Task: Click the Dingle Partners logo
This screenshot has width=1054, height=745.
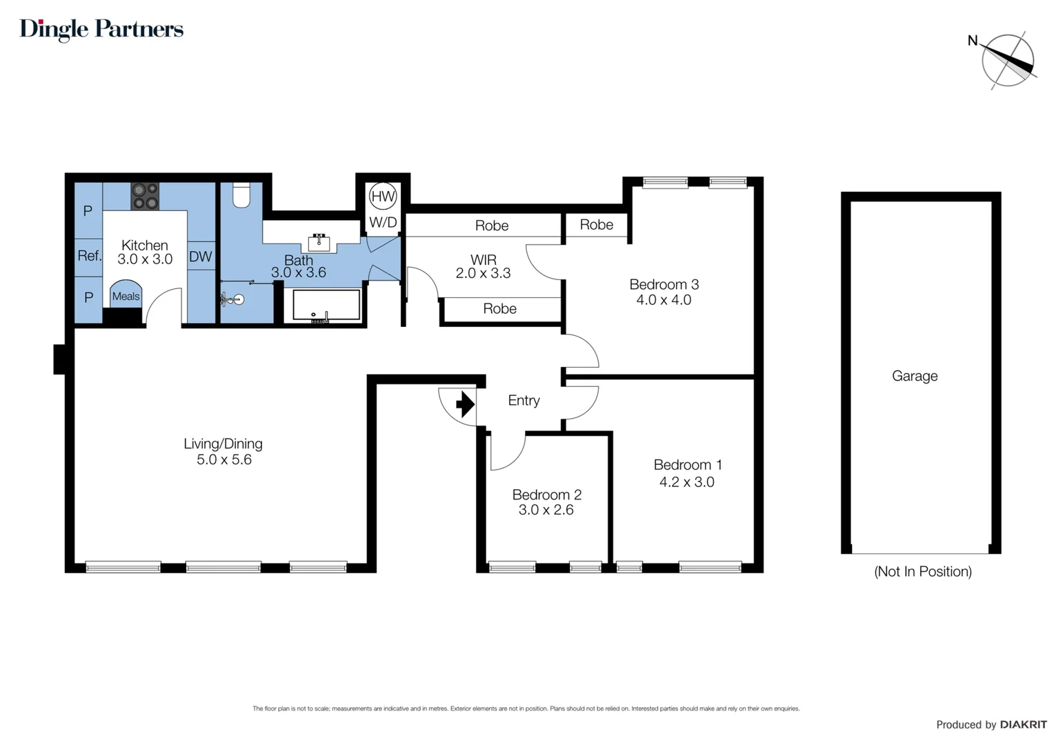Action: (101, 29)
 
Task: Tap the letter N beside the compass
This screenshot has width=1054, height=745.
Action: (973, 41)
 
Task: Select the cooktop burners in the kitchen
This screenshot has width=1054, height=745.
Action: (145, 196)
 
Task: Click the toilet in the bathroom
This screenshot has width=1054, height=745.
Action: (241, 195)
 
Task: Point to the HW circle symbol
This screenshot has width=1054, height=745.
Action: (383, 196)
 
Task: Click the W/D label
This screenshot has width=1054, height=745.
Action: (383, 222)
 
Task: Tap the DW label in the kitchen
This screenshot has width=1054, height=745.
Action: (201, 257)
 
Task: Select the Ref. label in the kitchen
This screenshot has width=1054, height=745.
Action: (90, 255)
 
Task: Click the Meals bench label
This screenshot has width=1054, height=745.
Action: (126, 296)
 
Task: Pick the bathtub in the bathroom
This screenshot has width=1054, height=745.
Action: (326, 306)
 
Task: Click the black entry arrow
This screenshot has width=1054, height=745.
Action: (466, 404)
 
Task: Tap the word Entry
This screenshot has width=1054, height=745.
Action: (524, 401)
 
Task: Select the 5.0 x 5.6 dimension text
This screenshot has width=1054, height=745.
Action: (224, 459)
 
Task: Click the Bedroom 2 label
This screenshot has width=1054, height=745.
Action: (547, 495)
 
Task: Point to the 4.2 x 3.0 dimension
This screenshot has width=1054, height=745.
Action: (686, 482)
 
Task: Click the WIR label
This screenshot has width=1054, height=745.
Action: (484, 260)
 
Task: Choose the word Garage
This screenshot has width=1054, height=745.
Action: (915, 376)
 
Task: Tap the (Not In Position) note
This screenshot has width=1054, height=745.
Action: (923, 571)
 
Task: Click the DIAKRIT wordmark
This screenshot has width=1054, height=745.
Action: (1024, 725)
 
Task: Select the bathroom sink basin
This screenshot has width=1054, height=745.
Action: (319, 243)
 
